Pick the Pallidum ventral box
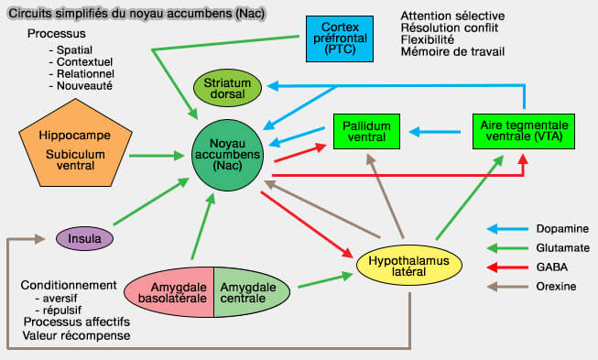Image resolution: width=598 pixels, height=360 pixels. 364,131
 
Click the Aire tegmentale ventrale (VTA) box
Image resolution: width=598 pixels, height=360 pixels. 524,131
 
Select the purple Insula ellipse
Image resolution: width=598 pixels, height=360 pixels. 84,239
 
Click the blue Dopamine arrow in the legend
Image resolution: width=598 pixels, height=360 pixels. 505,229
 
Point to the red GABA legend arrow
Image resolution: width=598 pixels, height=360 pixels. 505,267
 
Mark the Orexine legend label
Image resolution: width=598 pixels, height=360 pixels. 556,287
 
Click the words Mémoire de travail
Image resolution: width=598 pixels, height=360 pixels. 453,51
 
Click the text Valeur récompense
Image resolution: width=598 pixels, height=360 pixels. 76,336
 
